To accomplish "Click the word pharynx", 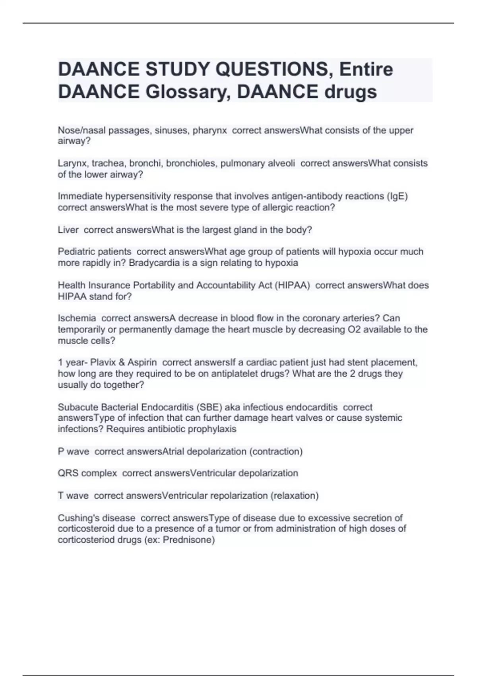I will point(210,130).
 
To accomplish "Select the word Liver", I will point(68,230).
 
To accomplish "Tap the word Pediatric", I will point(74,252).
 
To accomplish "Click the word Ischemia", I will point(77,318).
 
